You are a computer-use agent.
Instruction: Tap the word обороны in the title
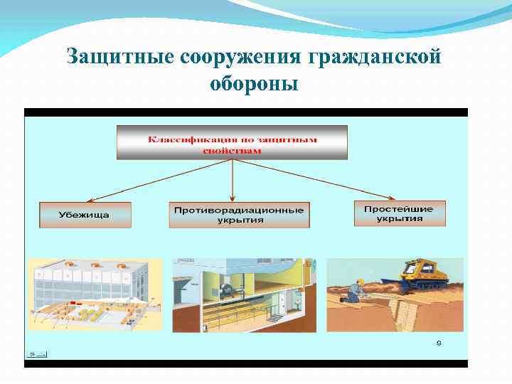(254, 84)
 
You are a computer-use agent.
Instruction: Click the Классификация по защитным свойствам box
(232, 142)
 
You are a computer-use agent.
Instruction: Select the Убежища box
(85, 215)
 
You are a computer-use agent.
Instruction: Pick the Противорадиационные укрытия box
(240, 215)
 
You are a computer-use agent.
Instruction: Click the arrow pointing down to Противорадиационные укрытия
(233, 181)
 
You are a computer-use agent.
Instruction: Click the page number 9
(439, 343)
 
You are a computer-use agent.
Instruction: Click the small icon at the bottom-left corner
(33, 353)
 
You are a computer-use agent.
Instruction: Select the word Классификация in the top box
(183, 139)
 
